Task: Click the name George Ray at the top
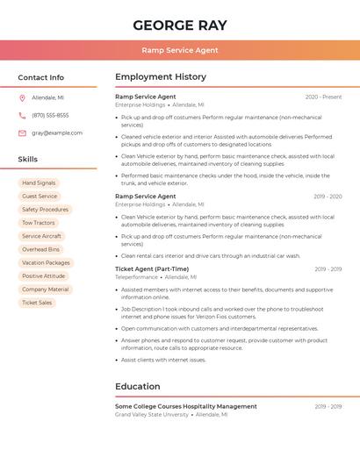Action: pos(179,25)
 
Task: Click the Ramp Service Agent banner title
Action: pos(179,50)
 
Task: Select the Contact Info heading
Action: pos(41,77)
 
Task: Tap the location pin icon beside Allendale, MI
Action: pos(22,97)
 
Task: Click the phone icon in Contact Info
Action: pos(22,115)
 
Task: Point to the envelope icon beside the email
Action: pos(22,132)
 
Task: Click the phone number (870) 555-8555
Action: pos(50,115)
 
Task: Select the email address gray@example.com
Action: pos(57,132)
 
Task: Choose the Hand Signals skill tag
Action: pos(39,182)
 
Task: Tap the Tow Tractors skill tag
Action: pos(39,223)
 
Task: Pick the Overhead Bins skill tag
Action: pos(40,249)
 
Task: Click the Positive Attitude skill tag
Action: pos(44,275)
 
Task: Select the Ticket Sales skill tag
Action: pos(37,303)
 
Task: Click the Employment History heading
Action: pos(161,77)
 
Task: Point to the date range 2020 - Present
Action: pos(323,97)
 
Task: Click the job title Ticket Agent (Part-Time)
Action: pos(152,268)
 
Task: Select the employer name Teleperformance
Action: pos(137,276)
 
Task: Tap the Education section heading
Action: pos(138,386)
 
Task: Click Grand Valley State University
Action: pos(152,414)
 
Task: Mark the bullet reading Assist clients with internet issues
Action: pos(163,360)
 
